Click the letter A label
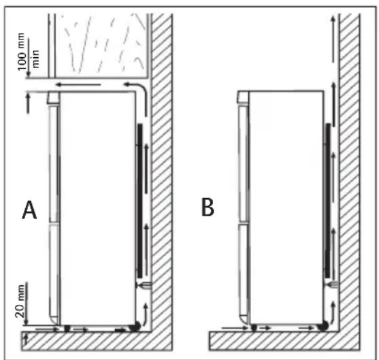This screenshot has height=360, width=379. click(x=29, y=210)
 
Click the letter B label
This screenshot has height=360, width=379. click(x=208, y=207)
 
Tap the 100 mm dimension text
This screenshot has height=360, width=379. click(x=22, y=52)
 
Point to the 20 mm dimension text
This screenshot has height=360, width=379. click(x=20, y=301)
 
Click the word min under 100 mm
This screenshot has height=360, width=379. click(x=35, y=59)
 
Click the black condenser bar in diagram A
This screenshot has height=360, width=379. click(x=139, y=201)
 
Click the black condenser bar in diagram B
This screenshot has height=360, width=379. click(x=328, y=201)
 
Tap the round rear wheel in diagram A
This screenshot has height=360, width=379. click(x=135, y=327)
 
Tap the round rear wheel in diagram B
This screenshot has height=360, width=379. click(x=323, y=326)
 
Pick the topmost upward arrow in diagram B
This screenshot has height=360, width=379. click(x=333, y=39)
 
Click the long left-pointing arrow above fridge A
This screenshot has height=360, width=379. click(x=78, y=84)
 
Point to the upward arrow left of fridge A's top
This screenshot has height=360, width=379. click(x=29, y=103)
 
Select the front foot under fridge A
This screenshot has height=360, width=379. click(x=67, y=329)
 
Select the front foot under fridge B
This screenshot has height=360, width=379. click(x=254, y=328)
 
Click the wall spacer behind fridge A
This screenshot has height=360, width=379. click(x=144, y=285)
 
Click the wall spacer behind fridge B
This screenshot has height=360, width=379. click(x=332, y=285)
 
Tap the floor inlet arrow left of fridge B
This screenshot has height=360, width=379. click(x=235, y=328)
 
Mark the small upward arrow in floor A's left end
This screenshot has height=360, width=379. click(x=26, y=339)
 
